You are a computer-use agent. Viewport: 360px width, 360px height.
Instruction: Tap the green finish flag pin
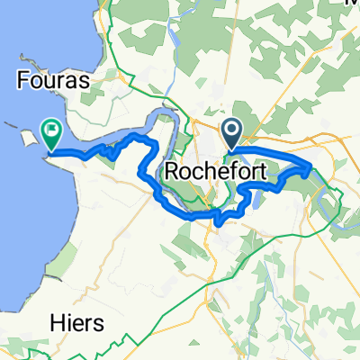(51, 135)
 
